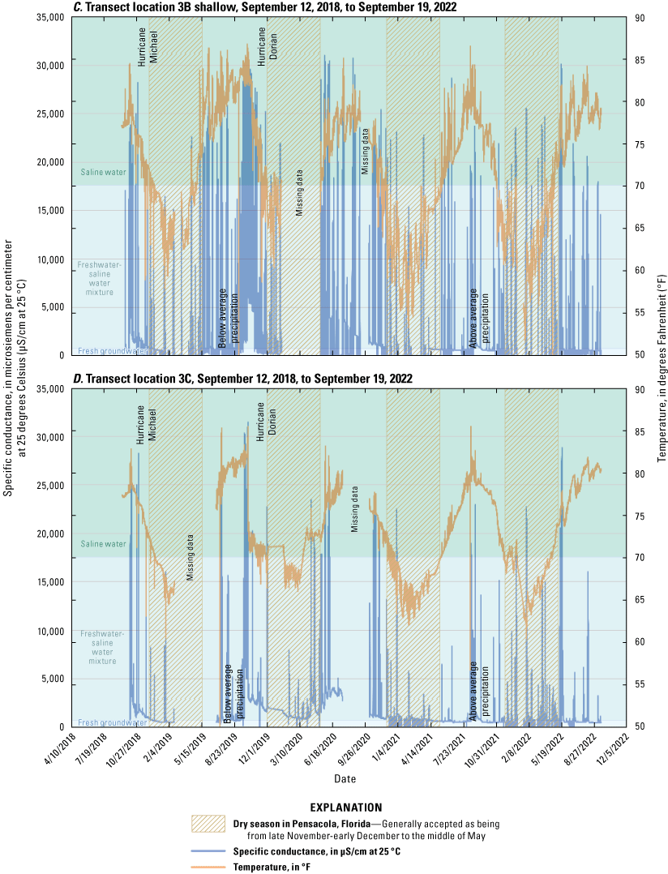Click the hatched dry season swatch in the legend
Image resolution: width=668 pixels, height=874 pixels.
coord(208,824)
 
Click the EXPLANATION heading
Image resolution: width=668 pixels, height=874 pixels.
coord(347,808)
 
